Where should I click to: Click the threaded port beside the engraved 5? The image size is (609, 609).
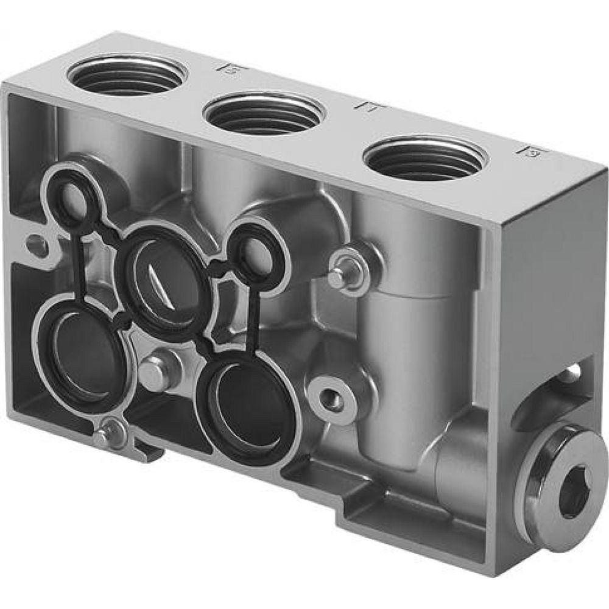[127, 76]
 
